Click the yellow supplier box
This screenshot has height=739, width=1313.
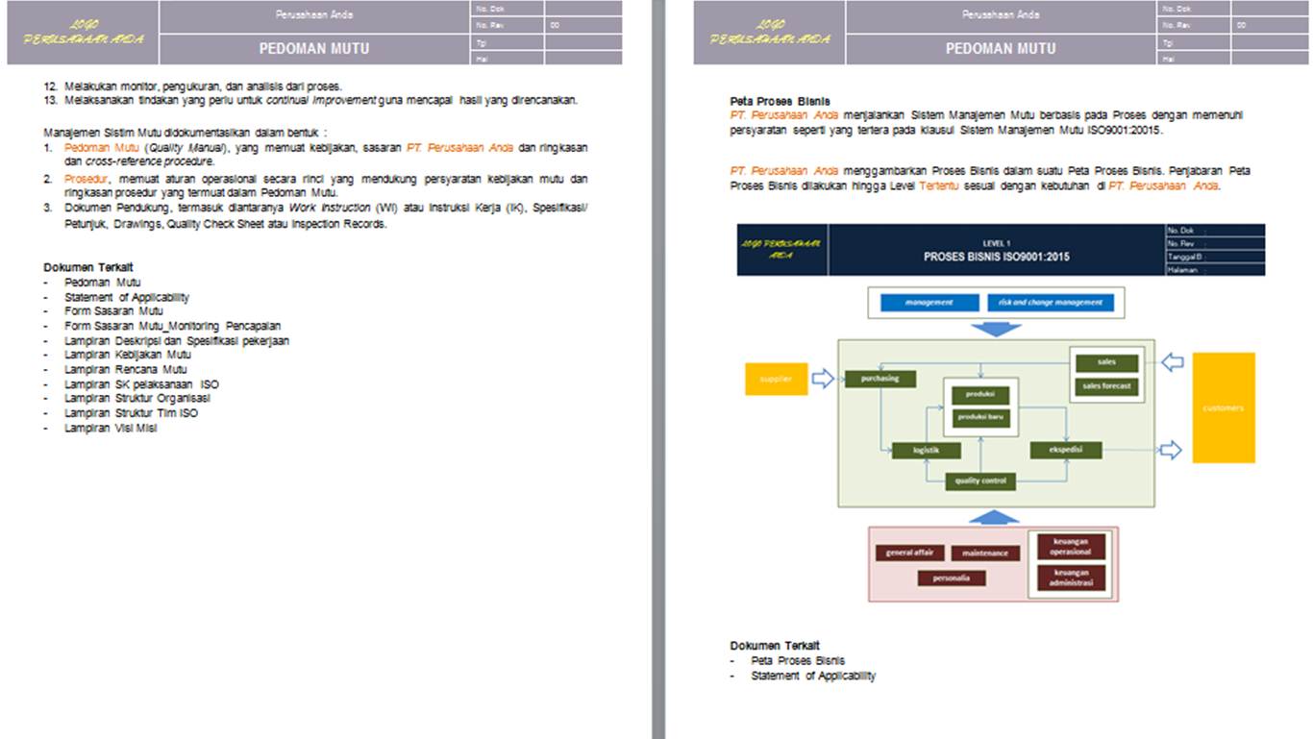click(x=776, y=379)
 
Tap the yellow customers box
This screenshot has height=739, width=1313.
click(x=1223, y=407)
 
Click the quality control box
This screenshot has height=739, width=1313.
click(x=980, y=480)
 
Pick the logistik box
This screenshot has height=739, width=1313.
click(x=927, y=450)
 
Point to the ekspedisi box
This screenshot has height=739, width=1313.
click(x=1065, y=449)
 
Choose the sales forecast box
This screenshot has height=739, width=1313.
click(x=1106, y=386)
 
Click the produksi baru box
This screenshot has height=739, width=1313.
click(x=980, y=417)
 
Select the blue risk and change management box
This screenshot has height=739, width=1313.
click(x=1051, y=303)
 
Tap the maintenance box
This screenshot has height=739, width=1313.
click(x=985, y=554)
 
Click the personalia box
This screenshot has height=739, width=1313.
click(x=951, y=578)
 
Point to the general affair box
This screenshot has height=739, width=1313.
click(x=909, y=553)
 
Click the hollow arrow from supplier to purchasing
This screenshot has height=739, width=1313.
click(x=823, y=379)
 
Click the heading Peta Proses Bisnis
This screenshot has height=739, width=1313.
click(x=780, y=101)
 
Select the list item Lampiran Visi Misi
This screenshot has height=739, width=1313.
click(x=111, y=429)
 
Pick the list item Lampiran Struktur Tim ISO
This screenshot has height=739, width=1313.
click(x=131, y=413)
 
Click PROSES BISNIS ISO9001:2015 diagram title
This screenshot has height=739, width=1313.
click(x=996, y=257)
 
